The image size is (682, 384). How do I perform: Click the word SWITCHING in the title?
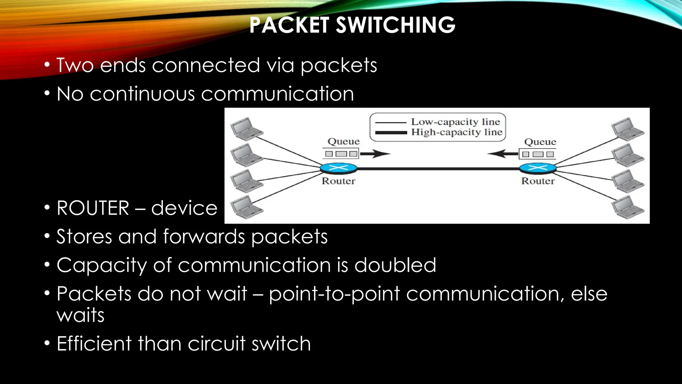pyautogui.click(x=395, y=25)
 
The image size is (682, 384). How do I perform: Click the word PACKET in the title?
pyautogui.click(x=289, y=25)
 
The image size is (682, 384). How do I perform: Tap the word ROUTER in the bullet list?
pyautogui.click(x=93, y=208)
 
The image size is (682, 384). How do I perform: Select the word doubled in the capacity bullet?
pyautogui.click(x=395, y=265)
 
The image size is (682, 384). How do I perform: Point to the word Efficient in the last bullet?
pyautogui.click(x=94, y=344)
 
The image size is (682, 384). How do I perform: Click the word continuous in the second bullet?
pyautogui.click(x=142, y=94)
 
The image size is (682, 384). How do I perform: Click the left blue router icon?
pyautogui.click(x=338, y=168)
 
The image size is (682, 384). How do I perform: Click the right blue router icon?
pyautogui.click(x=538, y=168)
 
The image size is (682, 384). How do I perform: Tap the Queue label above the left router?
pyautogui.click(x=344, y=141)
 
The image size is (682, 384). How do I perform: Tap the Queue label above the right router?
pyautogui.click(x=540, y=142)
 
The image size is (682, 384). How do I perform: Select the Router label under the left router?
pyautogui.click(x=338, y=181)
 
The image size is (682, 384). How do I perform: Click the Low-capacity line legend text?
pyautogui.click(x=456, y=122)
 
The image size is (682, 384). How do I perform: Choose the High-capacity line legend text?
pyautogui.click(x=457, y=132)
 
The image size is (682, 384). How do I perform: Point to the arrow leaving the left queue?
pyautogui.click(x=375, y=154)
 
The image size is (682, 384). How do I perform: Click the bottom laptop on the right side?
pyautogui.click(x=628, y=207)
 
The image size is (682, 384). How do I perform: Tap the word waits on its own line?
pyautogui.click(x=81, y=315)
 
